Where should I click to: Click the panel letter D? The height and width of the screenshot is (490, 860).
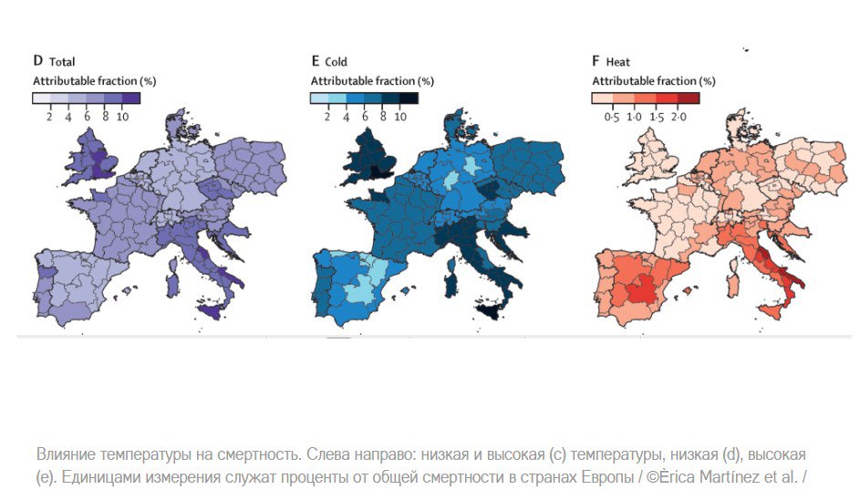(x=38, y=62)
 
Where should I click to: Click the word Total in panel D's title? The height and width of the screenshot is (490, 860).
(x=62, y=62)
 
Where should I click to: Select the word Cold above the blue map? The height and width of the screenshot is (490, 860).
(x=336, y=62)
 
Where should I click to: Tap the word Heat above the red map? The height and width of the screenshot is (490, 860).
(x=618, y=62)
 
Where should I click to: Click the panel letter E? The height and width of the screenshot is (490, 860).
(x=316, y=62)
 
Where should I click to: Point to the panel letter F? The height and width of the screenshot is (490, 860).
(x=596, y=62)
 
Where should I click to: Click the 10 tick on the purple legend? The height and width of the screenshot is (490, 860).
(x=124, y=117)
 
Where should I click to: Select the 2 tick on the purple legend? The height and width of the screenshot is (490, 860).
(x=49, y=117)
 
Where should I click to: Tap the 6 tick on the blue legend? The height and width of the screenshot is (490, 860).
(x=364, y=117)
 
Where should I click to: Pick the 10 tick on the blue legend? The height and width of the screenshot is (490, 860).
(x=400, y=117)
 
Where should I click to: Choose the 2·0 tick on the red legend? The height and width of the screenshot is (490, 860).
(x=679, y=117)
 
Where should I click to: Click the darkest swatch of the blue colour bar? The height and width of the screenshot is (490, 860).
(x=409, y=98)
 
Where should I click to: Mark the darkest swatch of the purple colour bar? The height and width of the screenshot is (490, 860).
(x=130, y=98)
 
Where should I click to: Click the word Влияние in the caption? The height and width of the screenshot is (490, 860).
(x=67, y=454)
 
